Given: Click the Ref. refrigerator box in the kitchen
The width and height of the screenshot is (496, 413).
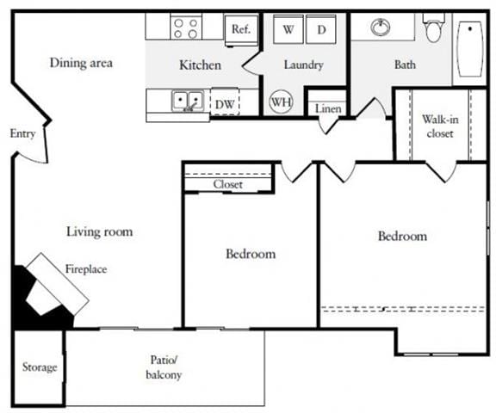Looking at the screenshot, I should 240,28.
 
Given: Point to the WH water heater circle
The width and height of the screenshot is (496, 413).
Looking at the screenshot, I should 281,102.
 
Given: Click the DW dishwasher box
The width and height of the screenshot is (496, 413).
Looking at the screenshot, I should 225,103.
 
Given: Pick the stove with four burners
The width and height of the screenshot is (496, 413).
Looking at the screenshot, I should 185,28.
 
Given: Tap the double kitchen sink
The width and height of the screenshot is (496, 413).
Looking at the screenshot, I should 187,102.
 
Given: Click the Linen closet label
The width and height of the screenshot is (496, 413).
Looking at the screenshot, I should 327,109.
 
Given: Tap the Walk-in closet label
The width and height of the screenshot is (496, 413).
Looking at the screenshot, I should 439,126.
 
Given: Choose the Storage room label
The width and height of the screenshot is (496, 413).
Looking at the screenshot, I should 40,367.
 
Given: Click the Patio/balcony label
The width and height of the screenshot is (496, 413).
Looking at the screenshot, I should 164,368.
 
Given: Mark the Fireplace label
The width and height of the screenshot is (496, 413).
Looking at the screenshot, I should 86,269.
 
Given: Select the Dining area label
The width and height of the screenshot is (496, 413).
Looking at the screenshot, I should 81,63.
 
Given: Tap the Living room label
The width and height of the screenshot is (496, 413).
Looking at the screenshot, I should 99,231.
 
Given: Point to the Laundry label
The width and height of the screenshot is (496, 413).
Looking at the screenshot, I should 303,65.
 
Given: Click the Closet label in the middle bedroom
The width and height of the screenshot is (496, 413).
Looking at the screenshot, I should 228,184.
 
